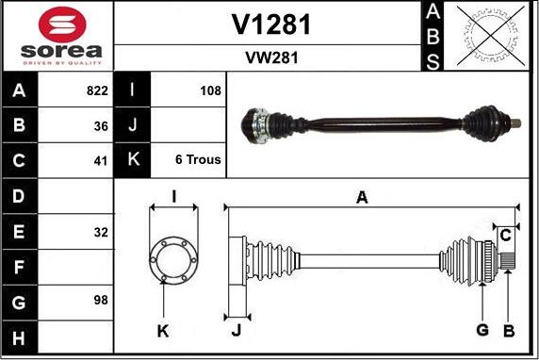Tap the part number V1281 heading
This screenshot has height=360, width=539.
(x=271, y=25)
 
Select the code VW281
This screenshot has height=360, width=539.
(x=271, y=57)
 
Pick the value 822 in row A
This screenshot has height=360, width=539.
(x=98, y=91)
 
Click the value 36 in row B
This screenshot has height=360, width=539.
(x=101, y=125)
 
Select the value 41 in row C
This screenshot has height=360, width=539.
(x=101, y=160)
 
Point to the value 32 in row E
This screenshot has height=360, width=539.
(x=101, y=231)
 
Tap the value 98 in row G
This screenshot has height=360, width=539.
(x=101, y=301)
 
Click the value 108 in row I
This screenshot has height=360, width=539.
(x=210, y=91)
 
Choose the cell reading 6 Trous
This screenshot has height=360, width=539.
(x=198, y=160)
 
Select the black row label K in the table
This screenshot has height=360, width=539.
(x=133, y=160)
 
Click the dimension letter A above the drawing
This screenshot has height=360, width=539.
(x=361, y=197)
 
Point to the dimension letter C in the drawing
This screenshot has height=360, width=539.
(x=505, y=234)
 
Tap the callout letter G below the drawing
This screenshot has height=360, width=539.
(x=482, y=330)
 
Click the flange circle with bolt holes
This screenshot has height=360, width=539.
(x=173, y=256)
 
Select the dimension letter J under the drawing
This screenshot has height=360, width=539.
(x=237, y=330)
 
